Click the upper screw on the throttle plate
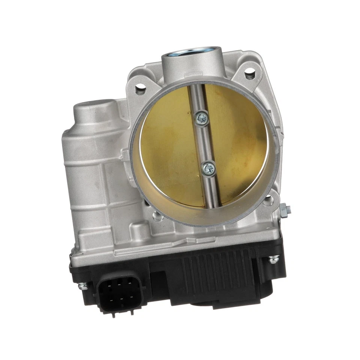[202, 118]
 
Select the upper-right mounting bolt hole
[250, 73]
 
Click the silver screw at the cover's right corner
[274, 259]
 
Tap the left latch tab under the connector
[113, 314]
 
